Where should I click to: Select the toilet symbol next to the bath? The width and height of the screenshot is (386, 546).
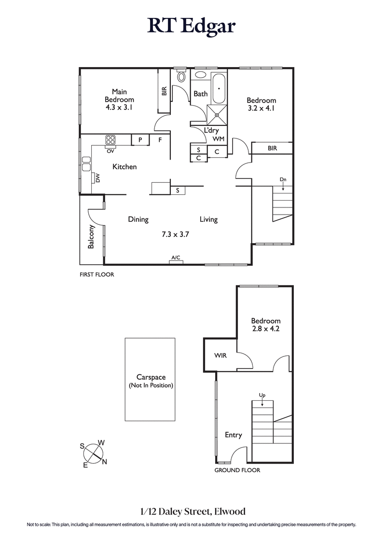pyautogui.click(x=181, y=76)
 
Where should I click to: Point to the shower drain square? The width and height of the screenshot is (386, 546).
pyautogui.click(x=217, y=115)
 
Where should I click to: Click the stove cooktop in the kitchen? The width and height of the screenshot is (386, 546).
pyautogui.click(x=110, y=140)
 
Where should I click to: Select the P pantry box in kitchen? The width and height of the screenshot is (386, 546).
pyautogui.click(x=139, y=140)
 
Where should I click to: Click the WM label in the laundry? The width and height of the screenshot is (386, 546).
pyautogui.click(x=219, y=139)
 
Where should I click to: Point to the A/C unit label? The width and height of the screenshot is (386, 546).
pyautogui.click(x=176, y=258)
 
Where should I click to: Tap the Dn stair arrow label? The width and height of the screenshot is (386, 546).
pyautogui.click(x=283, y=179)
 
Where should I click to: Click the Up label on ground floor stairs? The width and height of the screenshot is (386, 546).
pyautogui.click(x=262, y=396)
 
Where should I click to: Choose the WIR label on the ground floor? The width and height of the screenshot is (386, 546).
pyautogui.click(x=220, y=355)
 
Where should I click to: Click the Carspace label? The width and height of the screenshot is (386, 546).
pyautogui.click(x=151, y=378)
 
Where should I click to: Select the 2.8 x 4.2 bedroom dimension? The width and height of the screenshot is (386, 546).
pyautogui.click(x=265, y=329)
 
